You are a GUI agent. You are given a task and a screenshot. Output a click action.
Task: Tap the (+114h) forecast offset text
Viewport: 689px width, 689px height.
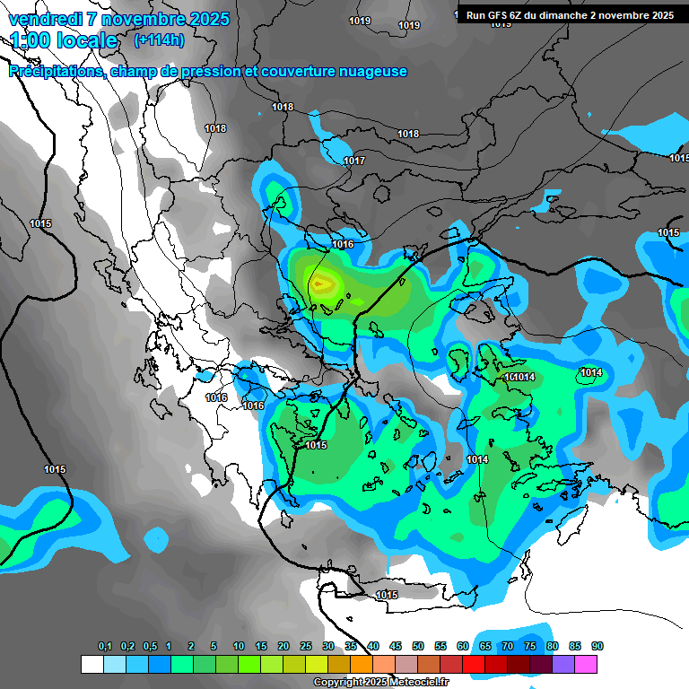159,39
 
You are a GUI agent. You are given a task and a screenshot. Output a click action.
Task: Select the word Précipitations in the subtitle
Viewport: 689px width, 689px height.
57,72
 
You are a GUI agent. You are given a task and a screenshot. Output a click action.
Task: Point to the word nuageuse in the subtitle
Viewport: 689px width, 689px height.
371,72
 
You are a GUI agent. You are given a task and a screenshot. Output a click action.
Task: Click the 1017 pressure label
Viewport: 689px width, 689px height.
354,161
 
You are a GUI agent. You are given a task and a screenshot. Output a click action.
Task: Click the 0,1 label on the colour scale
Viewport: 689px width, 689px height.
105,647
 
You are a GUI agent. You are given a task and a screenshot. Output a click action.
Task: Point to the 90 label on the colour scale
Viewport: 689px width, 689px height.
597,647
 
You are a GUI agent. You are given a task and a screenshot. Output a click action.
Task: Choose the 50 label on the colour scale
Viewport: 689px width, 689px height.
418,647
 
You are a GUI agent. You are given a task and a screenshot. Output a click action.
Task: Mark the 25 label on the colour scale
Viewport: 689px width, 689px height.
306,647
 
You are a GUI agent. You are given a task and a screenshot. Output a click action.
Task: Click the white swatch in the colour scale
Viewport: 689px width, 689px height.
92,664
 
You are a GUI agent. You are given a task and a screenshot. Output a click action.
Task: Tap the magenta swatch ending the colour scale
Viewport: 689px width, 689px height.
587,664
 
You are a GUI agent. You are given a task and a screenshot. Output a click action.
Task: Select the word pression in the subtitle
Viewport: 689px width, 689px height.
207,72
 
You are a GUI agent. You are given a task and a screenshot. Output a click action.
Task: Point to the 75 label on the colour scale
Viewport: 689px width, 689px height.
530,647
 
